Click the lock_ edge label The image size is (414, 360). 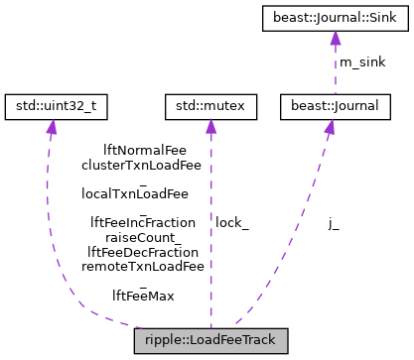click(231, 223)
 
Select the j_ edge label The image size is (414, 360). click(334, 223)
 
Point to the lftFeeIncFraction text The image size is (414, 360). click(142, 222)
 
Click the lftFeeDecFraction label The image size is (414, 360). click(142, 252)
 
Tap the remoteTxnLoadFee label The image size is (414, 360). click(142, 266)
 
